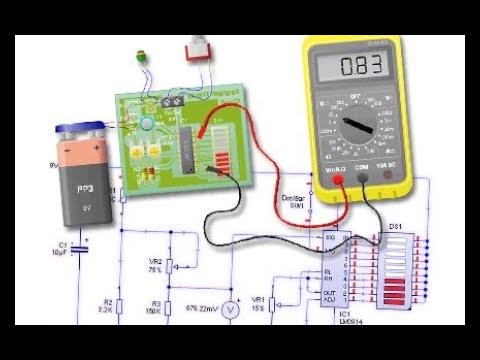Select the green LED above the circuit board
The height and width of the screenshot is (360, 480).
[142, 56]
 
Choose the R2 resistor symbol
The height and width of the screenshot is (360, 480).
[119, 306]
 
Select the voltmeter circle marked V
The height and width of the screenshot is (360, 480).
[229, 311]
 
